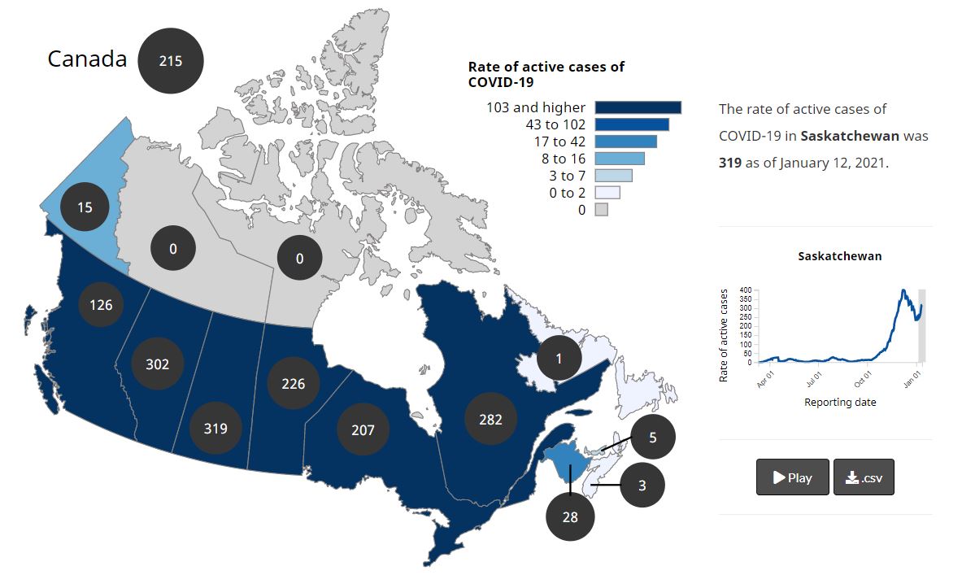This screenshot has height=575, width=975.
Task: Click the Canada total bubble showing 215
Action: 170,60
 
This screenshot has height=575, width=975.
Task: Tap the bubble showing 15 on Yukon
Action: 85,207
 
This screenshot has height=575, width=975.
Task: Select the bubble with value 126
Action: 101,305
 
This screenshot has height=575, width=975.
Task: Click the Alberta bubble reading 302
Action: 157,364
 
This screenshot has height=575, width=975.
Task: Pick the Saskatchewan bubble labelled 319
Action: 215,427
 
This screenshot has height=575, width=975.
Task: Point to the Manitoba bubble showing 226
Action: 293,382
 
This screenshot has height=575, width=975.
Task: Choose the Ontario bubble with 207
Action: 363,429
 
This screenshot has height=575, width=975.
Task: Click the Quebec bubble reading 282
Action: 490,419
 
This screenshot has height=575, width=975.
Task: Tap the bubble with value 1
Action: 559,358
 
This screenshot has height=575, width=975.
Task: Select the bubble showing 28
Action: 570,516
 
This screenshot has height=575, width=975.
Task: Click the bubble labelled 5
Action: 652,437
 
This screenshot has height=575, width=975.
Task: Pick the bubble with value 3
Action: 642,486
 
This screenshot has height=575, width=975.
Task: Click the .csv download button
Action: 864,477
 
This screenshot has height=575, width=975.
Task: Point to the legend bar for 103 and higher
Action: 638,107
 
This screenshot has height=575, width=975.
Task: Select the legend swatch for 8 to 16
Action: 620,159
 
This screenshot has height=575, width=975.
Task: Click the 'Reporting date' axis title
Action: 840,402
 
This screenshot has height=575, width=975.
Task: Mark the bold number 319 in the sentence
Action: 730,163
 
